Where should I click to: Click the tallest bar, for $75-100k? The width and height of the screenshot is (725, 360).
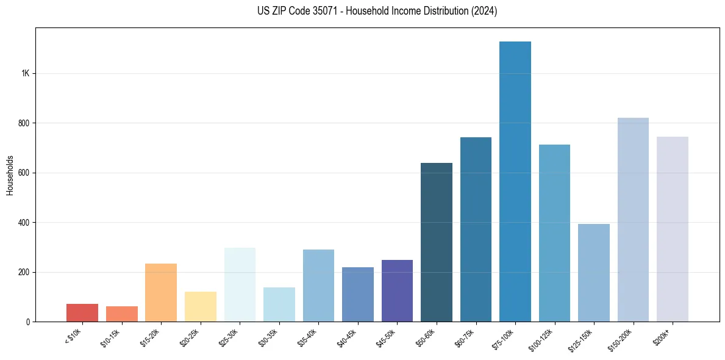tap(515, 183)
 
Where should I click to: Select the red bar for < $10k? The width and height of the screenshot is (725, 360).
tap(82, 312)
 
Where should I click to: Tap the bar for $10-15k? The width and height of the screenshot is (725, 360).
tap(121, 314)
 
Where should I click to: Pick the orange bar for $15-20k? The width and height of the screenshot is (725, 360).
tap(161, 293)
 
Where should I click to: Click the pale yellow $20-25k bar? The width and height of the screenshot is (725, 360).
tap(200, 306)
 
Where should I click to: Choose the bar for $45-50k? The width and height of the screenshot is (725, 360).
tap(397, 290)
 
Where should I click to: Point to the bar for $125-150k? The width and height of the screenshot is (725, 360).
tap(594, 273)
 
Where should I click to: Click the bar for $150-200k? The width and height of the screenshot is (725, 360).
tap(633, 220)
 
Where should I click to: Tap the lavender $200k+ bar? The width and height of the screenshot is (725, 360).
tap(673, 229)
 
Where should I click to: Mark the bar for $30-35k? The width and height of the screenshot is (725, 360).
tap(279, 304)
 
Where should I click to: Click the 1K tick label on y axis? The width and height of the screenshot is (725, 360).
tap(26, 73)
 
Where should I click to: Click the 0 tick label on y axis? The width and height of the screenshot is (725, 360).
tap(28, 322)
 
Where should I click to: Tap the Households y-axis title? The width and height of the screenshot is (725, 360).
tap(10, 175)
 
